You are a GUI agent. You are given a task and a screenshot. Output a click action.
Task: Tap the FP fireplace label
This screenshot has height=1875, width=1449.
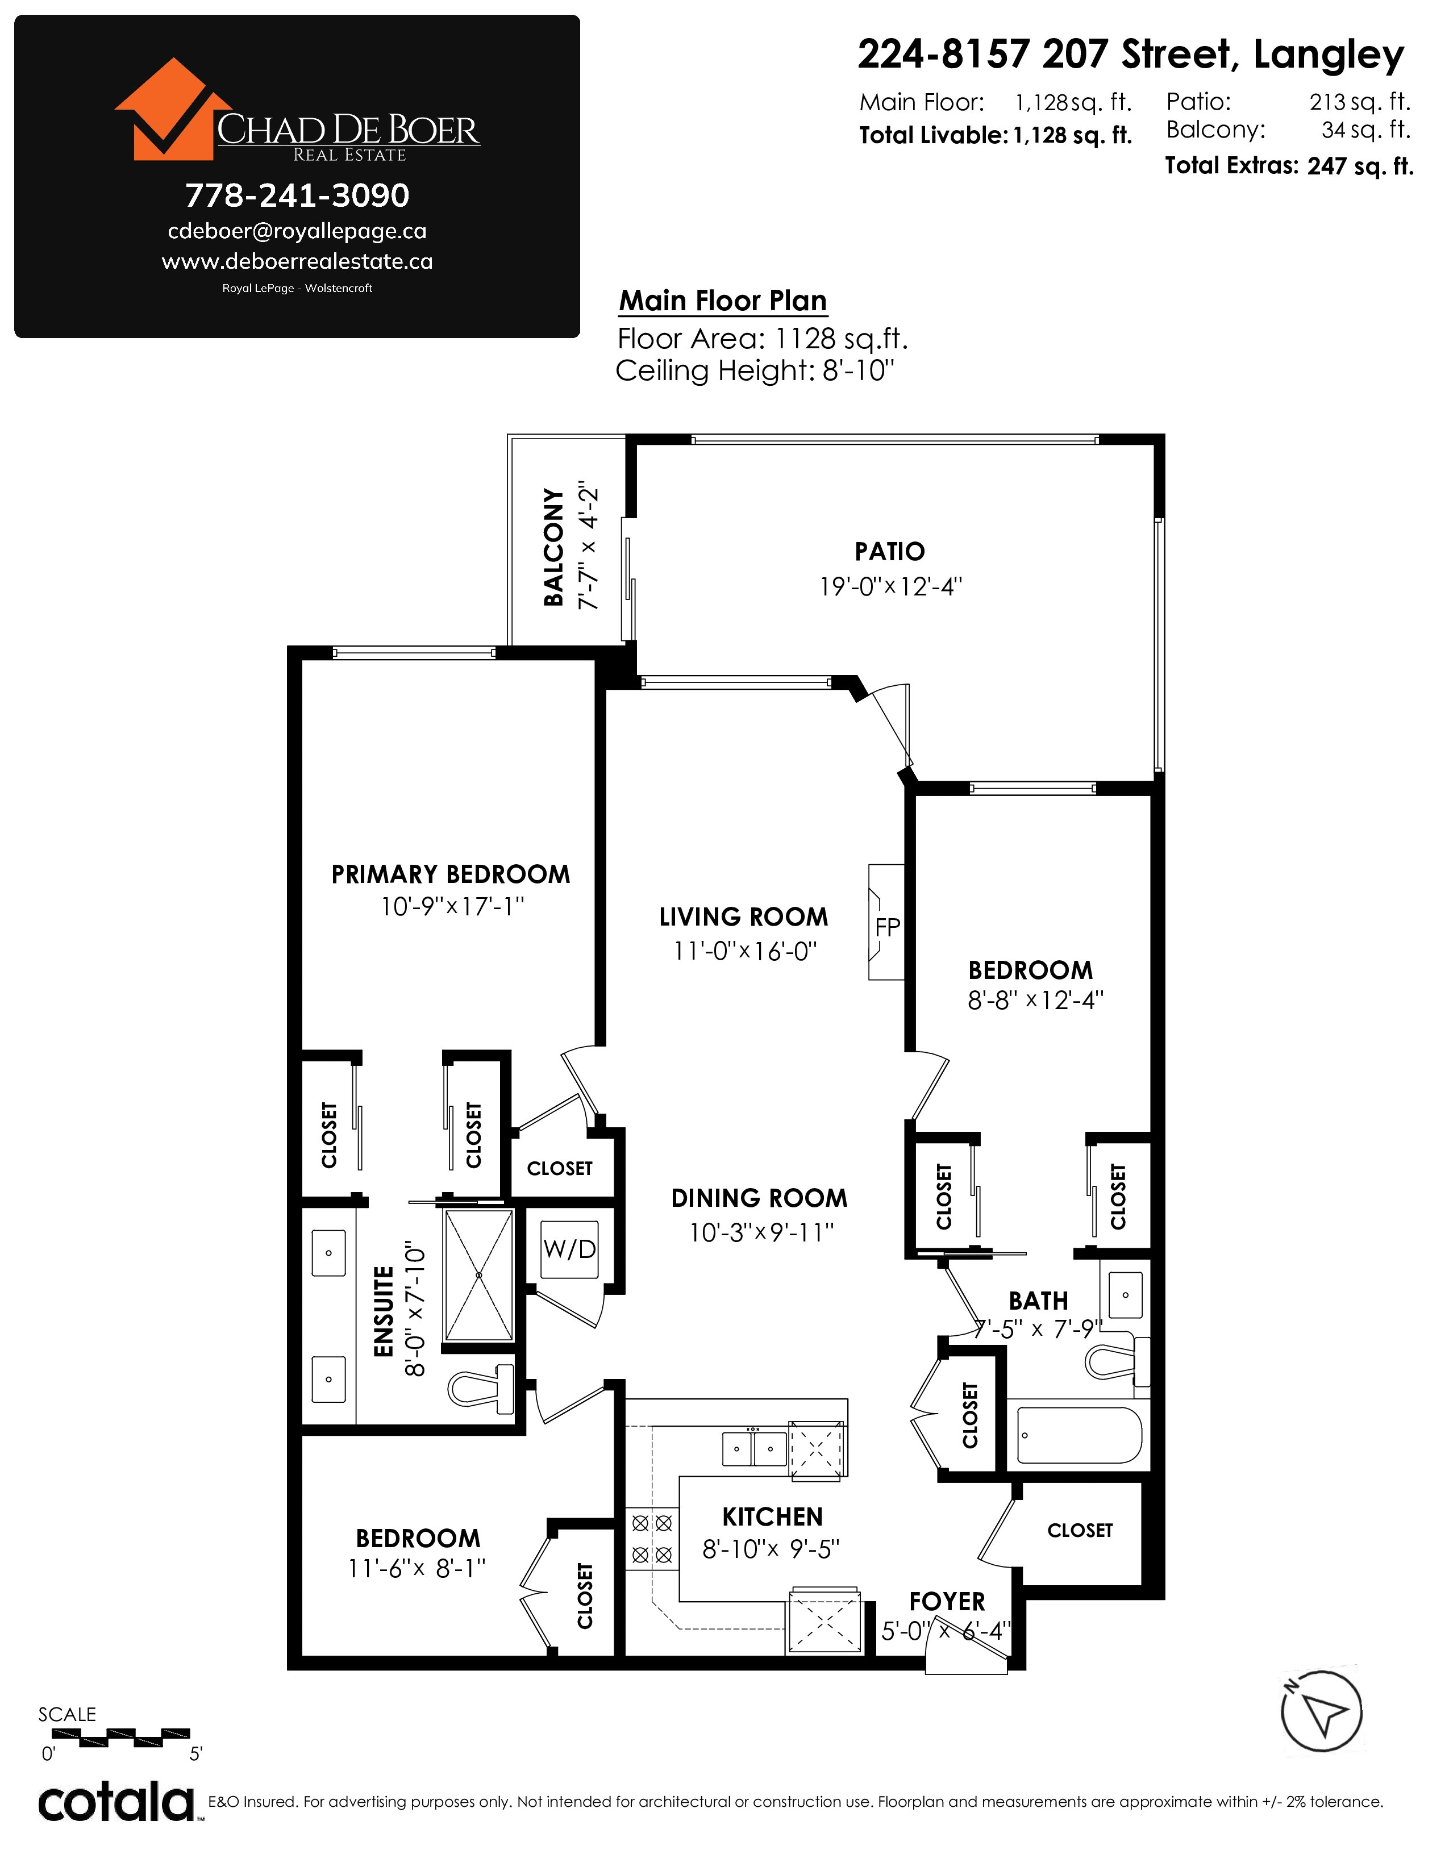pyautogui.click(x=888, y=927)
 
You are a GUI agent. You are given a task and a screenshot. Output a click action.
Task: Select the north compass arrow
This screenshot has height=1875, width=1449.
pyautogui.click(x=1321, y=1711)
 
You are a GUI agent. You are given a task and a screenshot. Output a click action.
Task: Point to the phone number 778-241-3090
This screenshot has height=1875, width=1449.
pyautogui.click(x=297, y=196)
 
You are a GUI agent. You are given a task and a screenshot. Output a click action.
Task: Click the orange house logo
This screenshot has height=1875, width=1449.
pyautogui.click(x=172, y=109)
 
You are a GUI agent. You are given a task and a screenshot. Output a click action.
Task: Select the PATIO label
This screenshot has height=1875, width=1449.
pyautogui.click(x=890, y=551)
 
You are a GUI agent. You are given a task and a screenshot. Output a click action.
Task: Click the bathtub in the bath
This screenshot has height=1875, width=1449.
pyautogui.click(x=1079, y=1435)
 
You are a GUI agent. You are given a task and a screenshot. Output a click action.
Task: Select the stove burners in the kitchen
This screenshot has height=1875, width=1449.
pyautogui.click(x=652, y=1539)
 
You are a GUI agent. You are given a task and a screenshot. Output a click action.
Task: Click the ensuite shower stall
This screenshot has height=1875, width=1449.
pyautogui.click(x=479, y=1276)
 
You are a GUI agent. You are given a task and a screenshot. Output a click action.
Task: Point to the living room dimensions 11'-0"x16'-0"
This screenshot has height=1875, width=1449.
pyautogui.click(x=745, y=951)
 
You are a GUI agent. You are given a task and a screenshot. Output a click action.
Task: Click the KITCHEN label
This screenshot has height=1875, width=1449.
pyautogui.click(x=773, y=1517)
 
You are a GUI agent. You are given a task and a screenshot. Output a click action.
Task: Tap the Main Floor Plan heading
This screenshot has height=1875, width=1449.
pyautogui.click(x=723, y=301)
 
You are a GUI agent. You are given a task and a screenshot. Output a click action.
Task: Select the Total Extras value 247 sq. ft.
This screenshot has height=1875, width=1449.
pyautogui.click(x=1360, y=166)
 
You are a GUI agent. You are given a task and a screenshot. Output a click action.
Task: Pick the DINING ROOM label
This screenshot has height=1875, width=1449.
pyautogui.click(x=759, y=1198)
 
